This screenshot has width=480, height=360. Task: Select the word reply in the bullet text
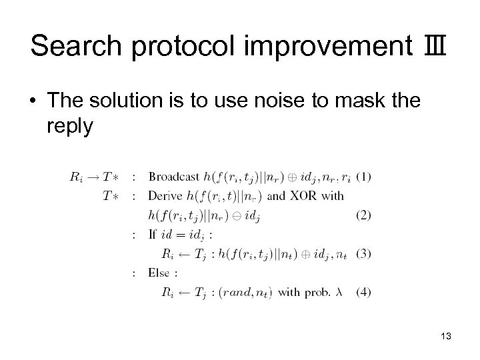point(70,127)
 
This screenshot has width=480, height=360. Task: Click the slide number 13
point(446,337)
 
